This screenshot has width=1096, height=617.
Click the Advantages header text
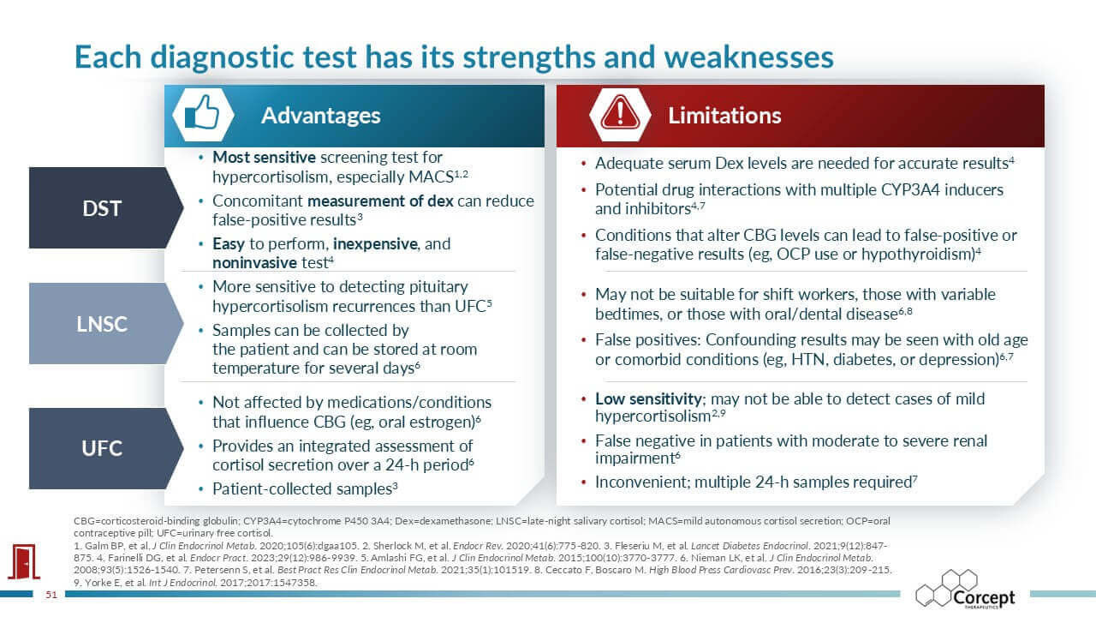point(320,116)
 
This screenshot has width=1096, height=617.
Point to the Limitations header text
point(724,116)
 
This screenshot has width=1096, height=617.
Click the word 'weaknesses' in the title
point(748,57)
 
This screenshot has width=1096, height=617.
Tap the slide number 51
point(51,595)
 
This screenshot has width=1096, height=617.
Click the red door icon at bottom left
point(23,561)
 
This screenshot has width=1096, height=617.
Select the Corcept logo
point(965,589)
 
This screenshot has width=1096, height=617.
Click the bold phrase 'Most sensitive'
point(265,157)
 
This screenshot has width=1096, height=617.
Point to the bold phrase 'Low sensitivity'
point(648,399)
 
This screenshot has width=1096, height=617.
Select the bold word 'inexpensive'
point(375,244)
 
